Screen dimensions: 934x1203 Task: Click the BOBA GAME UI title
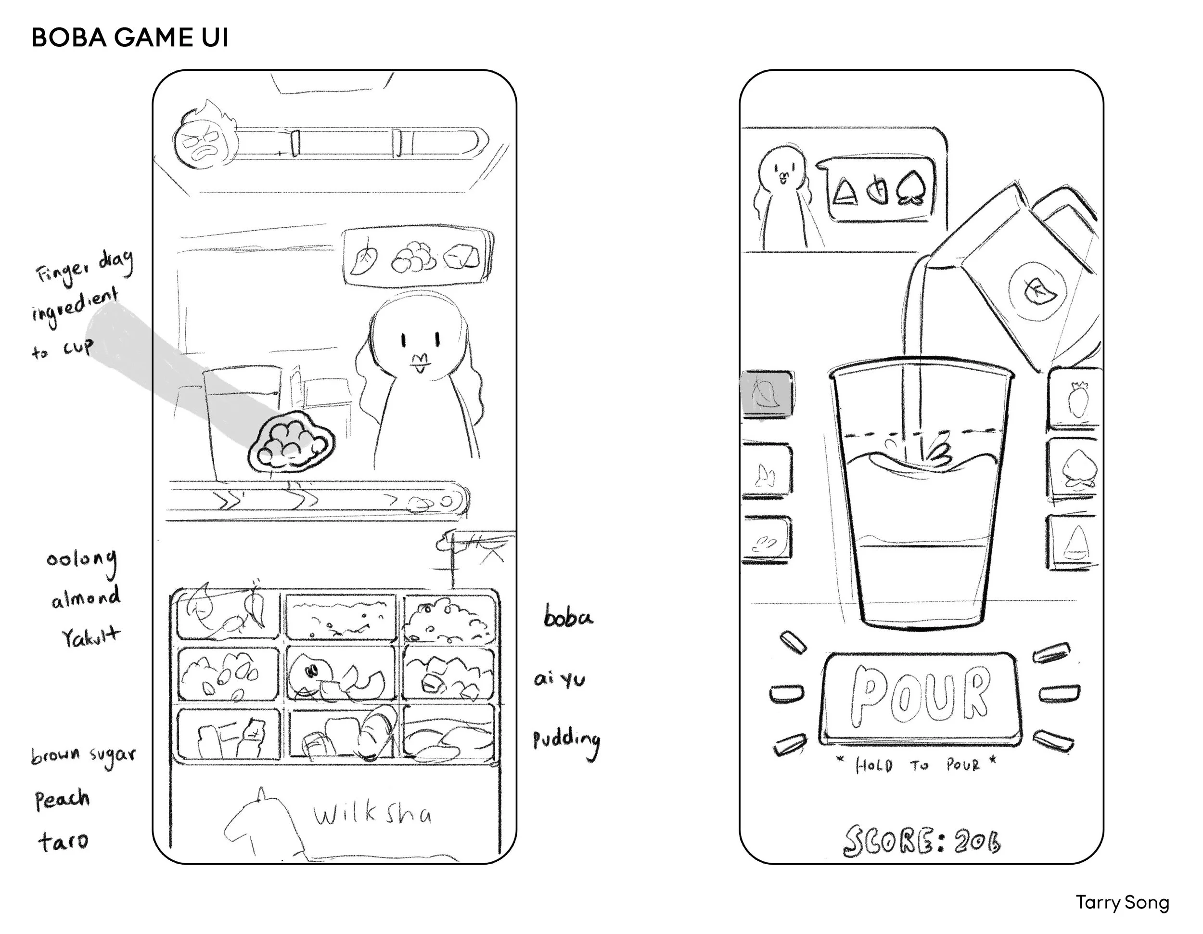130,38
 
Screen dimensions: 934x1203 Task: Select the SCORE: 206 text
921,840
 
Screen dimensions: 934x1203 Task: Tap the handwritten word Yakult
90,637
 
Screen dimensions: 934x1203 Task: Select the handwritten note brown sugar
83,756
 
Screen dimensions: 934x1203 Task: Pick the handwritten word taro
63,842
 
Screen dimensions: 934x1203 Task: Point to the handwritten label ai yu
559,680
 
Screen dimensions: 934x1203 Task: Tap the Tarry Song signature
1122,903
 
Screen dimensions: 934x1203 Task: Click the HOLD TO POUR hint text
917,765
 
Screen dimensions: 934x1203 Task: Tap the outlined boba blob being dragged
290,441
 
